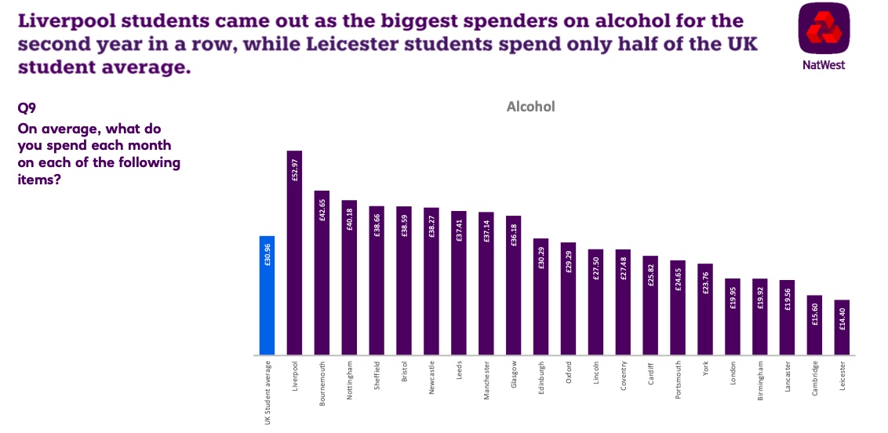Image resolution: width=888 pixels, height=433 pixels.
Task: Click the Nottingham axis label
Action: tap(350, 380)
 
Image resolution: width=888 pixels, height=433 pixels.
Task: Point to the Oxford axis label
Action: tap(569, 373)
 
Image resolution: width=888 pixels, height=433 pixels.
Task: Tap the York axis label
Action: tap(705, 369)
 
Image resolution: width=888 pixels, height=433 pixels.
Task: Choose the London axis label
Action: tap(733, 373)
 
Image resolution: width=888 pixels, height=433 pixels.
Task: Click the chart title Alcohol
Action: tap(530, 107)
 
